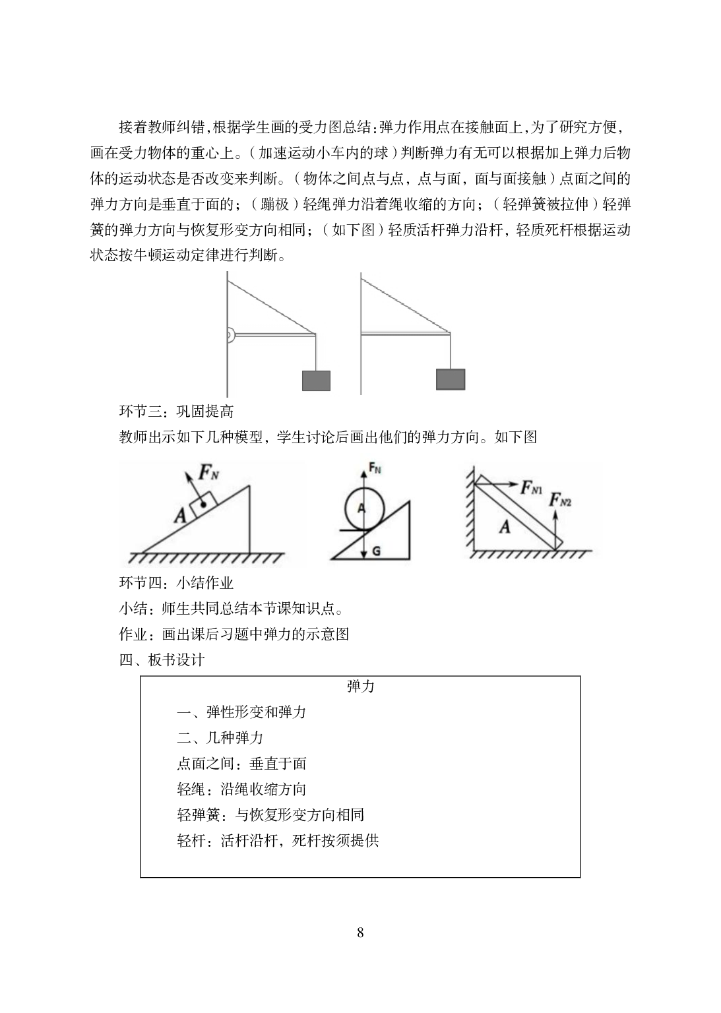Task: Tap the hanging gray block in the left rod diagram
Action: pyautogui.click(x=316, y=381)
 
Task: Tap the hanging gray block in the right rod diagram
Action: pyautogui.click(x=451, y=379)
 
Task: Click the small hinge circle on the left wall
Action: pyautogui.click(x=230, y=335)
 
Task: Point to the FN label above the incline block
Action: pyautogui.click(x=209, y=472)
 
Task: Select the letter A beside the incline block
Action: pyautogui.click(x=181, y=515)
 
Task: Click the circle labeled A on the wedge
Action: pyautogui.click(x=365, y=508)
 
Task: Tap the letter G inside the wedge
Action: pyautogui.click(x=376, y=551)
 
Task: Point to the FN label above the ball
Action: pyautogui.click(x=375, y=468)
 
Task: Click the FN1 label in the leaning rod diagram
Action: pyautogui.click(x=531, y=487)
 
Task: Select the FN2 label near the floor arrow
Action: pyautogui.click(x=560, y=500)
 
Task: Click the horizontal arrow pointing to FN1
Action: pyautogui.click(x=496, y=484)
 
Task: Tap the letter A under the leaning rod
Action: pyautogui.click(x=505, y=526)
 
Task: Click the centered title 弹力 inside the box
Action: pyautogui.click(x=360, y=687)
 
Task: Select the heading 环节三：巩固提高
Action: pyautogui.click(x=176, y=411)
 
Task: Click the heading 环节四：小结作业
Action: pyautogui.click(x=176, y=582)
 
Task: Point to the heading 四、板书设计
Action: pyautogui.click(x=162, y=660)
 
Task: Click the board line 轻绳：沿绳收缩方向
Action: pyautogui.click(x=241, y=789)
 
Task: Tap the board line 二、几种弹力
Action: pyautogui.click(x=220, y=737)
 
